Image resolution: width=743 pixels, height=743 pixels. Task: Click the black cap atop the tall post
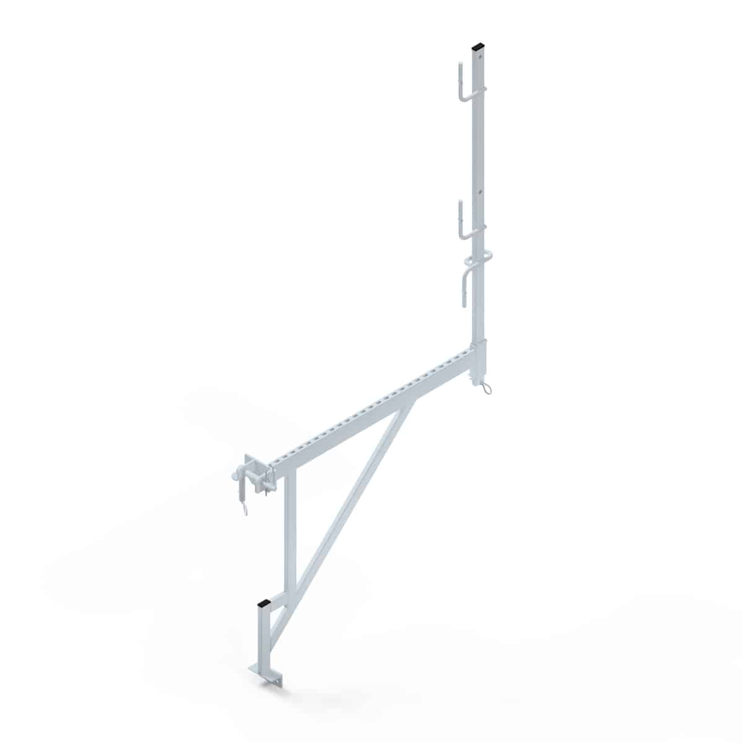pos(479,46)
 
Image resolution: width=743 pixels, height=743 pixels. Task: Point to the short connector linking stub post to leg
pos(280,602)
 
